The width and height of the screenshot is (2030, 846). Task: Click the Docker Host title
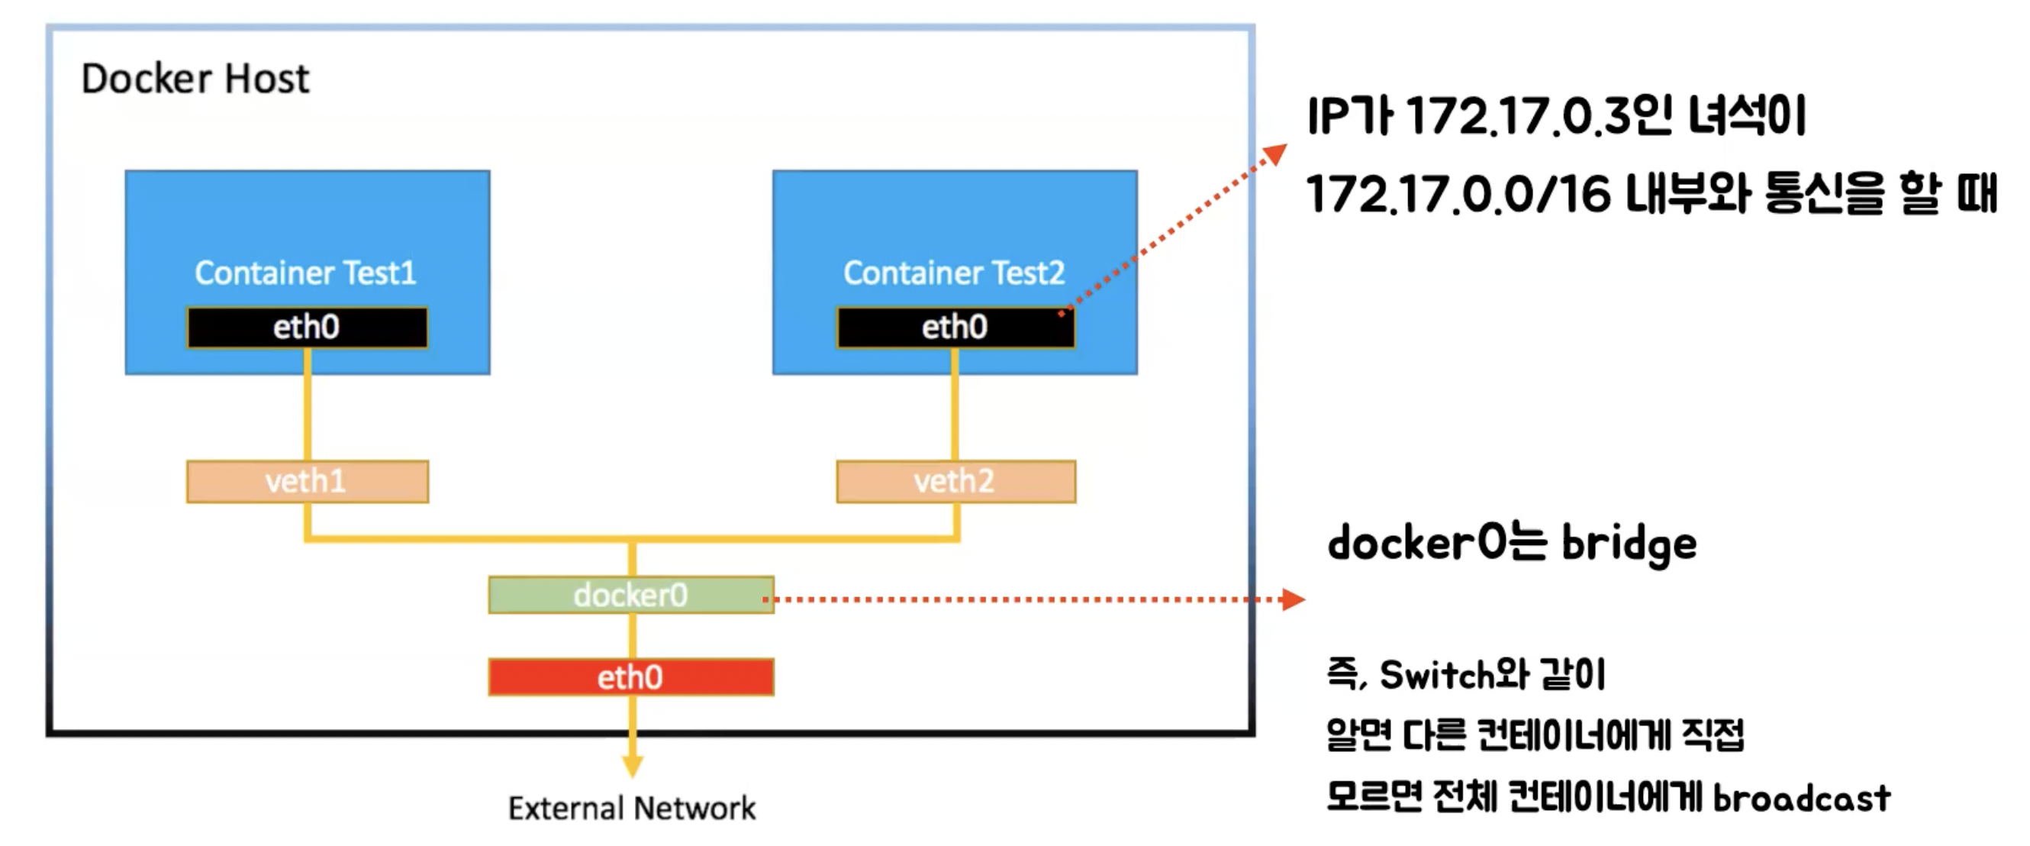click(195, 79)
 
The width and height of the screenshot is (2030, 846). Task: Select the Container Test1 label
click(306, 273)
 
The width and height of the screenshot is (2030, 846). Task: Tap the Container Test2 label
click(954, 273)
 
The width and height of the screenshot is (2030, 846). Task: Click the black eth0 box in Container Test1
click(308, 328)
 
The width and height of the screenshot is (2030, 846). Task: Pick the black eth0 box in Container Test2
click(955, 328)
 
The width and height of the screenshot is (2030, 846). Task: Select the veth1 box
click(308, 481)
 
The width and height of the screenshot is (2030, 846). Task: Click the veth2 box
click(956, 481)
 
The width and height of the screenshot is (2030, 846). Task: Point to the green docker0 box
click(630, 596)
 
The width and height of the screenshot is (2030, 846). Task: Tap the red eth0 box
click(630, 677)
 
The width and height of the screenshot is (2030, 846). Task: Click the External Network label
click(632, 808)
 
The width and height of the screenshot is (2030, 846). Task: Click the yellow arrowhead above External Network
click(633, 766)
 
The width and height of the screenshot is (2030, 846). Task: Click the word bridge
click(1629, 544)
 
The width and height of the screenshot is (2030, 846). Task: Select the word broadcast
click(1803, 798)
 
